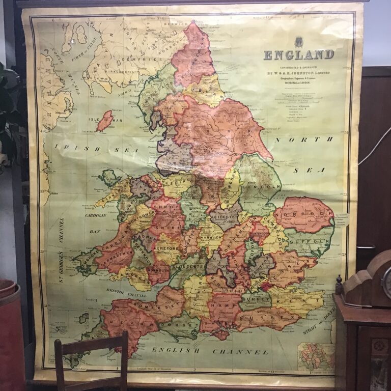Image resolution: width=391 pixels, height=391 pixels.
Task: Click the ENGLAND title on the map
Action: pyautogui.click(x=299, y=55)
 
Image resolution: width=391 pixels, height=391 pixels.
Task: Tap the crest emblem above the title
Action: pyautogui.click(x=298, y=42)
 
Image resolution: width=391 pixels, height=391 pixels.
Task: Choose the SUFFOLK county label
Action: pyautogui.click(x=310, y=237)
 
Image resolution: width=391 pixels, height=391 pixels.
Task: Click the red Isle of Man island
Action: pyautogui.click(x=105, y=121)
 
